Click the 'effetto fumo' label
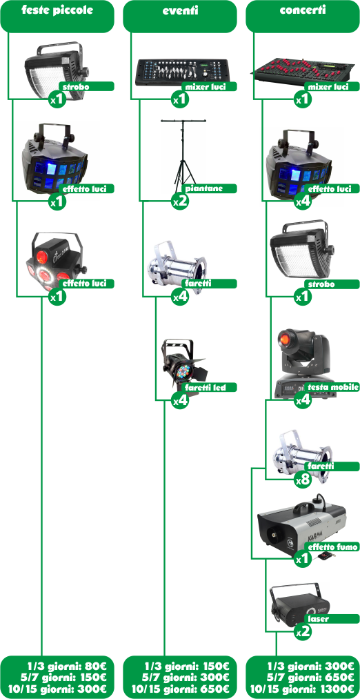pos(332,547)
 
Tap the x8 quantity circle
pos(303,480)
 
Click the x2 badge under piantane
pos(181,202)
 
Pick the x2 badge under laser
pos(303,631)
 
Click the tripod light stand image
pos(183,154)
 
